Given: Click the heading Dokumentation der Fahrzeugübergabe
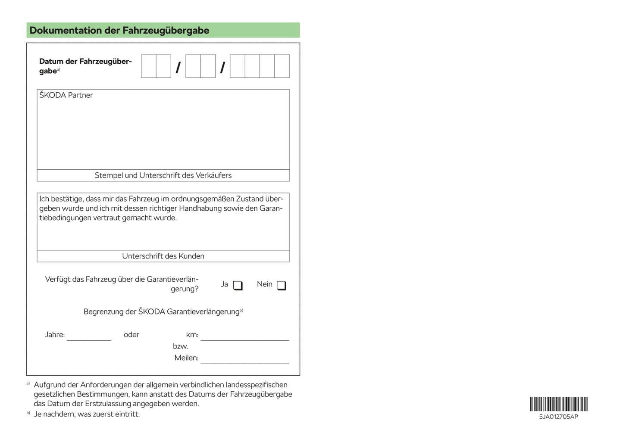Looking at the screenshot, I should [119, 31].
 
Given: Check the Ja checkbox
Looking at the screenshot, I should [238, 285].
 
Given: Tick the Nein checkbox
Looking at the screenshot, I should [281, 285].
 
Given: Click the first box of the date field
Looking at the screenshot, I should [149, 66].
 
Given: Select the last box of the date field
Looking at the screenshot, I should [282, 66].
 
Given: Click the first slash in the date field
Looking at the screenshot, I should [178, 68].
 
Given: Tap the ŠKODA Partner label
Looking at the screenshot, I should [66, 95].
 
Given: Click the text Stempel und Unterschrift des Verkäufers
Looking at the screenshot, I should [163, 175].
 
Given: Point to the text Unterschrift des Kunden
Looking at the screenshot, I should [163, 256].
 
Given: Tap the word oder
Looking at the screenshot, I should [131, 335].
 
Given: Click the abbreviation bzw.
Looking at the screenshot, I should [181, 346].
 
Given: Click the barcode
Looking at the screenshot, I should [558, 404].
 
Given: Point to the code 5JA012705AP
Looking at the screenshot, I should [558, 417].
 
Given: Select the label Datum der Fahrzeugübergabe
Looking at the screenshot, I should [85, 66].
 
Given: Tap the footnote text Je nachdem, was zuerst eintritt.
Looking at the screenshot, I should [87, 414].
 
